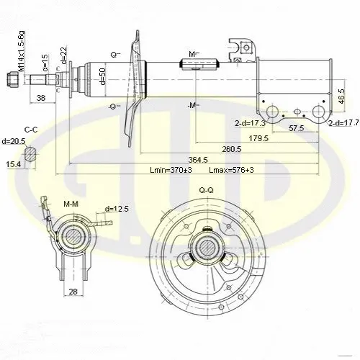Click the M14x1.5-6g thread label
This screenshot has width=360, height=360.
pyautogui.click(x=22, y=51)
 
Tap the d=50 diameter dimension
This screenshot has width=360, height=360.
pyautogui.click(x=102, y=76)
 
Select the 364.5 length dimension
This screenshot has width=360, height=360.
pyautogui.click(x=198, y=160)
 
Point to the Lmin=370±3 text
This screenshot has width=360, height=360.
pyautogui.click(x=171, y=170)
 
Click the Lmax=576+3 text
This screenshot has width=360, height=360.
pyautogui.click(x=231, y=170)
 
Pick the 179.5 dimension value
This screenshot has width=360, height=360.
pyautogui.click(x=258, y=138)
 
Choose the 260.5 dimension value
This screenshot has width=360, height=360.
pyautogui.click(x=231, y=149)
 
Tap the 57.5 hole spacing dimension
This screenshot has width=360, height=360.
pyautogui.click(x=297, y=128)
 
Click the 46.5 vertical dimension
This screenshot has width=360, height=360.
pyautogui.click(x=342, y=96)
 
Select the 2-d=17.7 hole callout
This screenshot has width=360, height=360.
pyautogui.click(x=343, y=123)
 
